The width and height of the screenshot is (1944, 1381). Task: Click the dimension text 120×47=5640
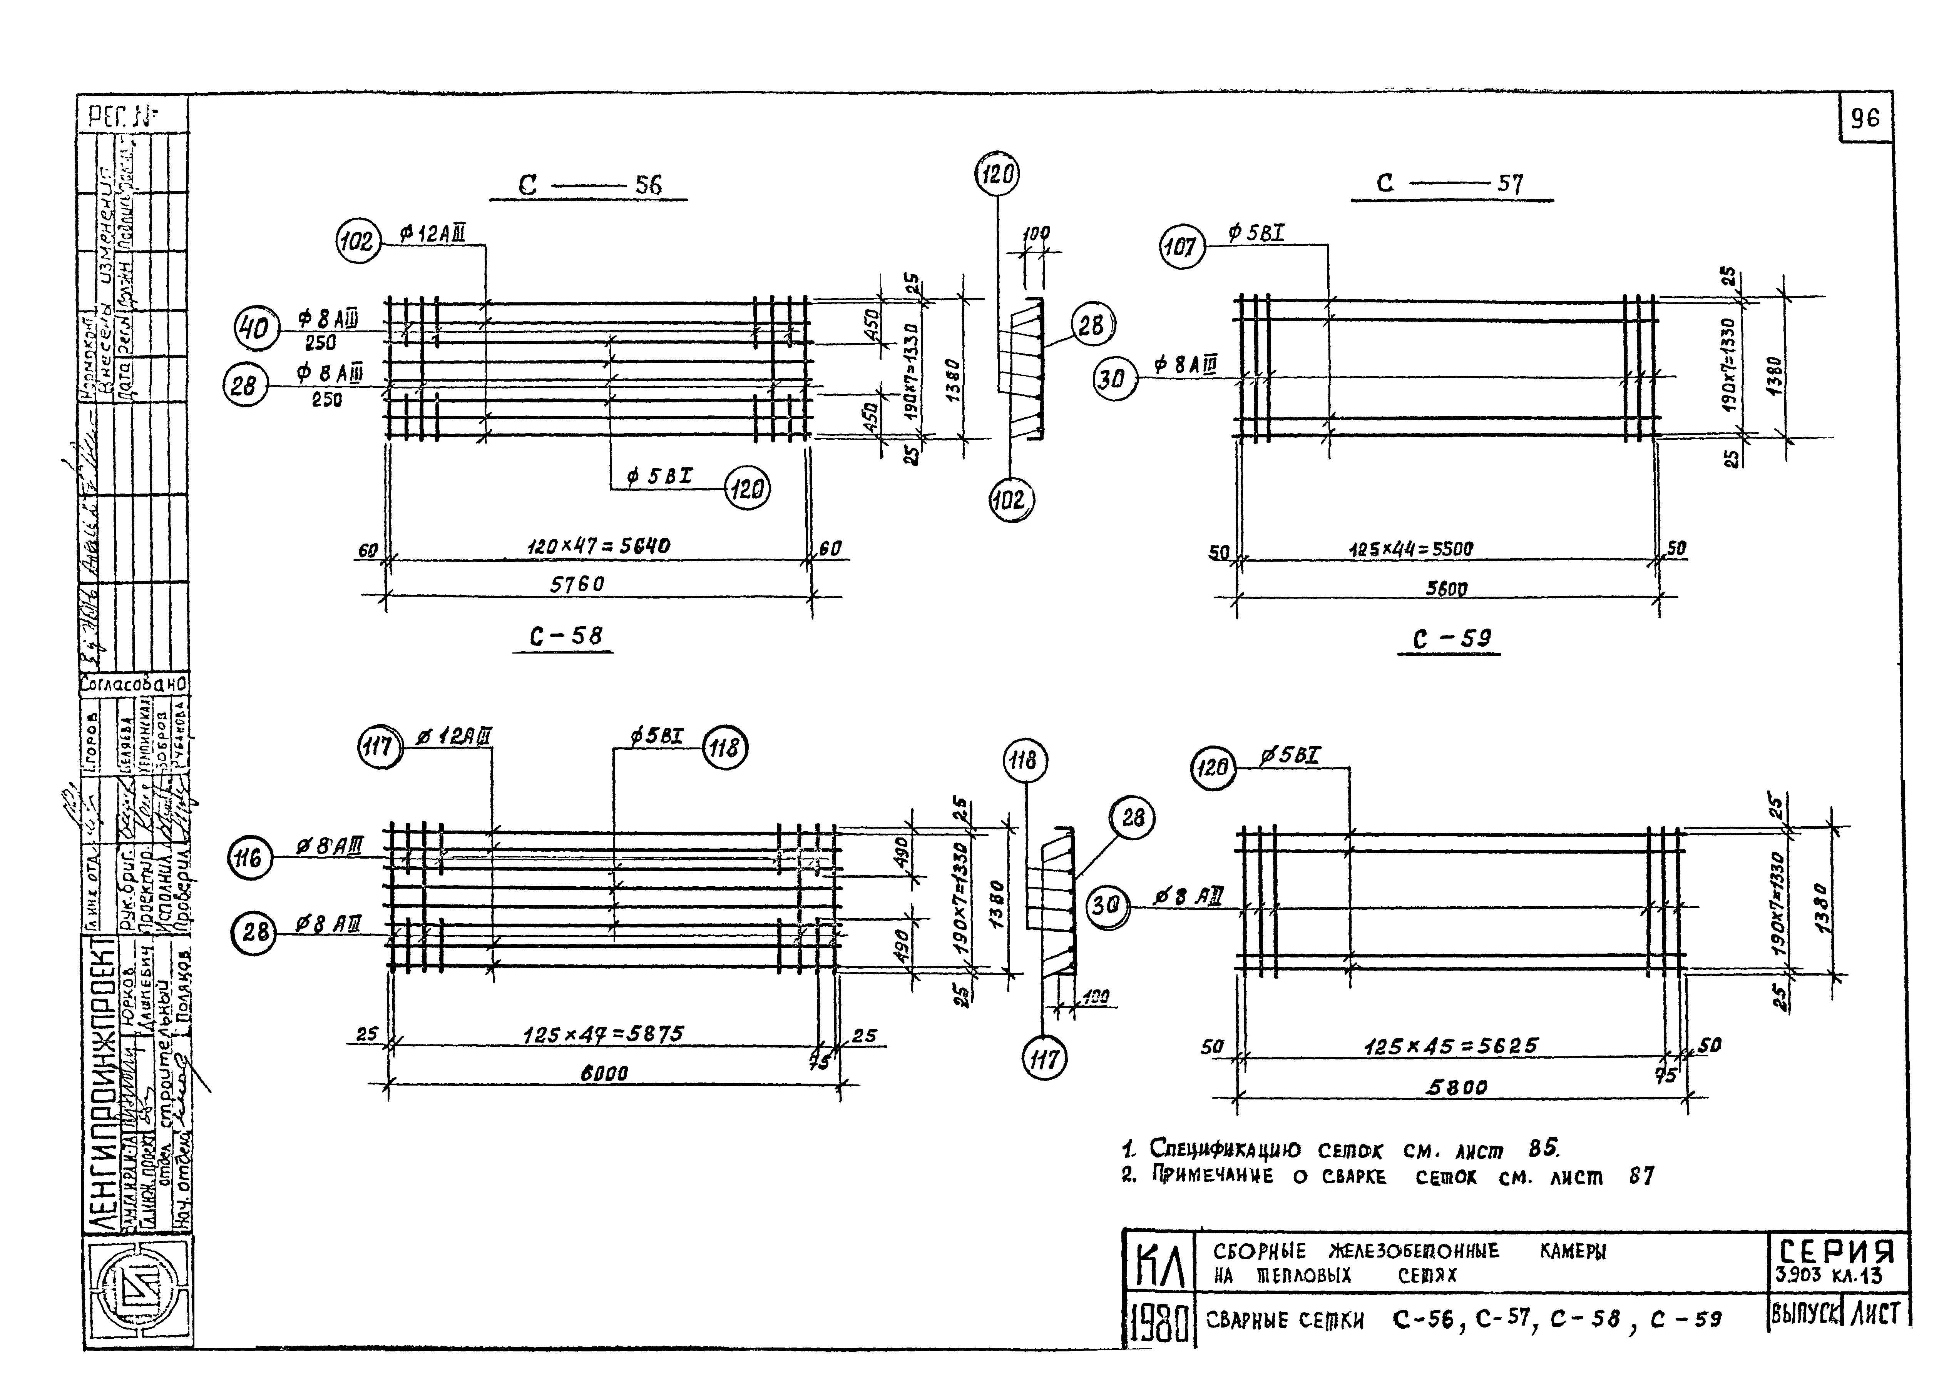click(x=598, y=546)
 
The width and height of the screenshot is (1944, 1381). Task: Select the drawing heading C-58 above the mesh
click(x=566, y=636)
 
